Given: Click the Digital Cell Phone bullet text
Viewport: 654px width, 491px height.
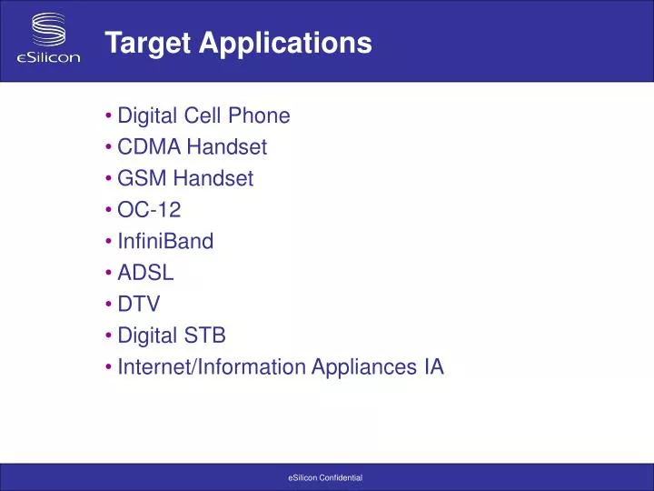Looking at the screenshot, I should (203, 115).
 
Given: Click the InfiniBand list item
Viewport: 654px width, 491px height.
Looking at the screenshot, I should (165, 242).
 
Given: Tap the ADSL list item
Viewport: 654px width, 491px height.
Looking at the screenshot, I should (145, 273).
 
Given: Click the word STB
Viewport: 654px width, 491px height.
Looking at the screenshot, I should (205, 336).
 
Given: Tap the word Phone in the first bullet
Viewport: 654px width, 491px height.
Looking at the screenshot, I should (260, 115).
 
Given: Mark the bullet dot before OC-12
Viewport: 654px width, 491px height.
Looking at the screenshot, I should (108, 210).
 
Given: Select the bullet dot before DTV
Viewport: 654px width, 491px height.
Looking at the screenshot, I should (108, 305).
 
